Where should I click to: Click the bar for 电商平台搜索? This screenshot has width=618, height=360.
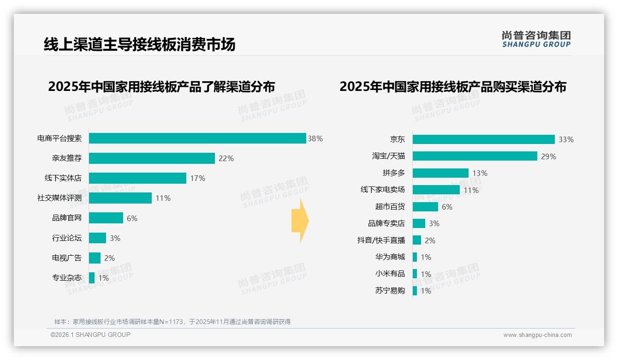point(197,138)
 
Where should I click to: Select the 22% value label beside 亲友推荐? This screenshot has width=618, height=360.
point(226,158)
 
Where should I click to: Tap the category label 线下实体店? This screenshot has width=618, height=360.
point(63,178)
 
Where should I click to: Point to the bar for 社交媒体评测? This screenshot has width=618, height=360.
point(120,198)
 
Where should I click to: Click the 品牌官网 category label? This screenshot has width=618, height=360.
point(67,218)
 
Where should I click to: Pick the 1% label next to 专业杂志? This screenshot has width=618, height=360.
point(104,278)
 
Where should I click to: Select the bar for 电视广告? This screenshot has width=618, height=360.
point(95,258)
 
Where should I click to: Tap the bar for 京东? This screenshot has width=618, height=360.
point(483,139)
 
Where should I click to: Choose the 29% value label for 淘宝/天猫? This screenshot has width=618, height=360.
point(548,156)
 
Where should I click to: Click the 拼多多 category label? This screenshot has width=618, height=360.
point(394,173)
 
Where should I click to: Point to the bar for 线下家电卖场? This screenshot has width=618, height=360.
point(436,190)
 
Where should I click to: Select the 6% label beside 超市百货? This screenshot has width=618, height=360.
point(447,207)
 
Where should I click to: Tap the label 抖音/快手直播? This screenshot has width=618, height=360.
point(381,240)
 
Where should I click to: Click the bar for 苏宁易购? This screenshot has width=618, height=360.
point(415,291)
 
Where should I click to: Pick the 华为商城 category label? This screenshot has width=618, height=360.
point(390,257)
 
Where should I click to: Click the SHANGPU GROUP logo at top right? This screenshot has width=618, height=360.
point(536,39)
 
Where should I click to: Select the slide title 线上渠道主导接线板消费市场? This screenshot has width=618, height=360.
point(139,44)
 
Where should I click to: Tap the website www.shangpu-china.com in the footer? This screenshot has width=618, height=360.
point(537,335)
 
